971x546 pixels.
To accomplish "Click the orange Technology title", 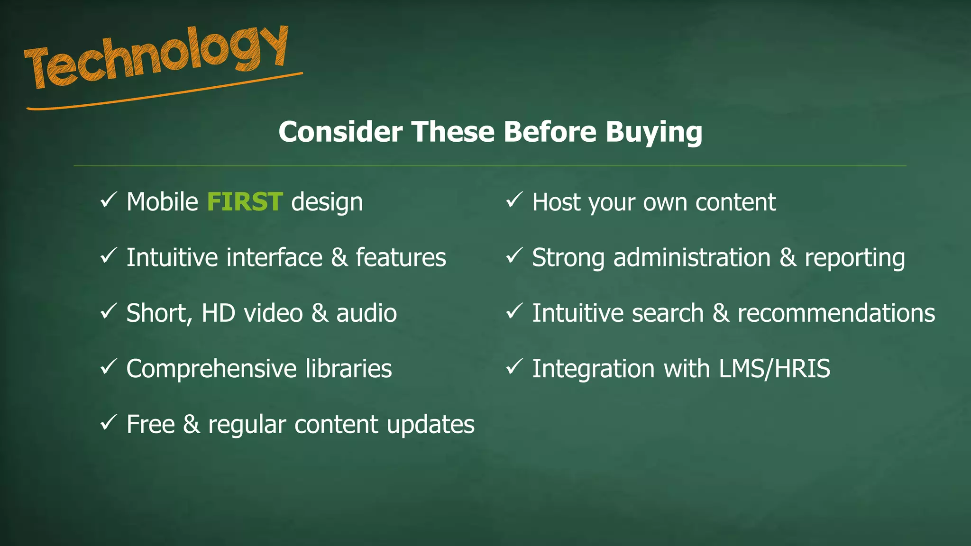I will point(156,59).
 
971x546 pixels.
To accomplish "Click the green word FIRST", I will point(245,202).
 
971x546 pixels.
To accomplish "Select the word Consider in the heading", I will point(340,132).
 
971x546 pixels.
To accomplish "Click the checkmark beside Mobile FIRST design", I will point(109,200).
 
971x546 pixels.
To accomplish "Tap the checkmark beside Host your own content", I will point(514,200).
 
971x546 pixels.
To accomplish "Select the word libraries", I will point(348,369).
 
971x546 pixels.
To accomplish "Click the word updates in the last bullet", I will point(431,425).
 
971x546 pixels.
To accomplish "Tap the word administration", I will point(692,258).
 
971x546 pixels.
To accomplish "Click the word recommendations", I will point(836,313).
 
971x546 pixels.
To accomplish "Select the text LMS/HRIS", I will point(774,369).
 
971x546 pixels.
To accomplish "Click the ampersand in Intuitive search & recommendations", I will point(721,313).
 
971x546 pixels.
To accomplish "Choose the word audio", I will point(366,313).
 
